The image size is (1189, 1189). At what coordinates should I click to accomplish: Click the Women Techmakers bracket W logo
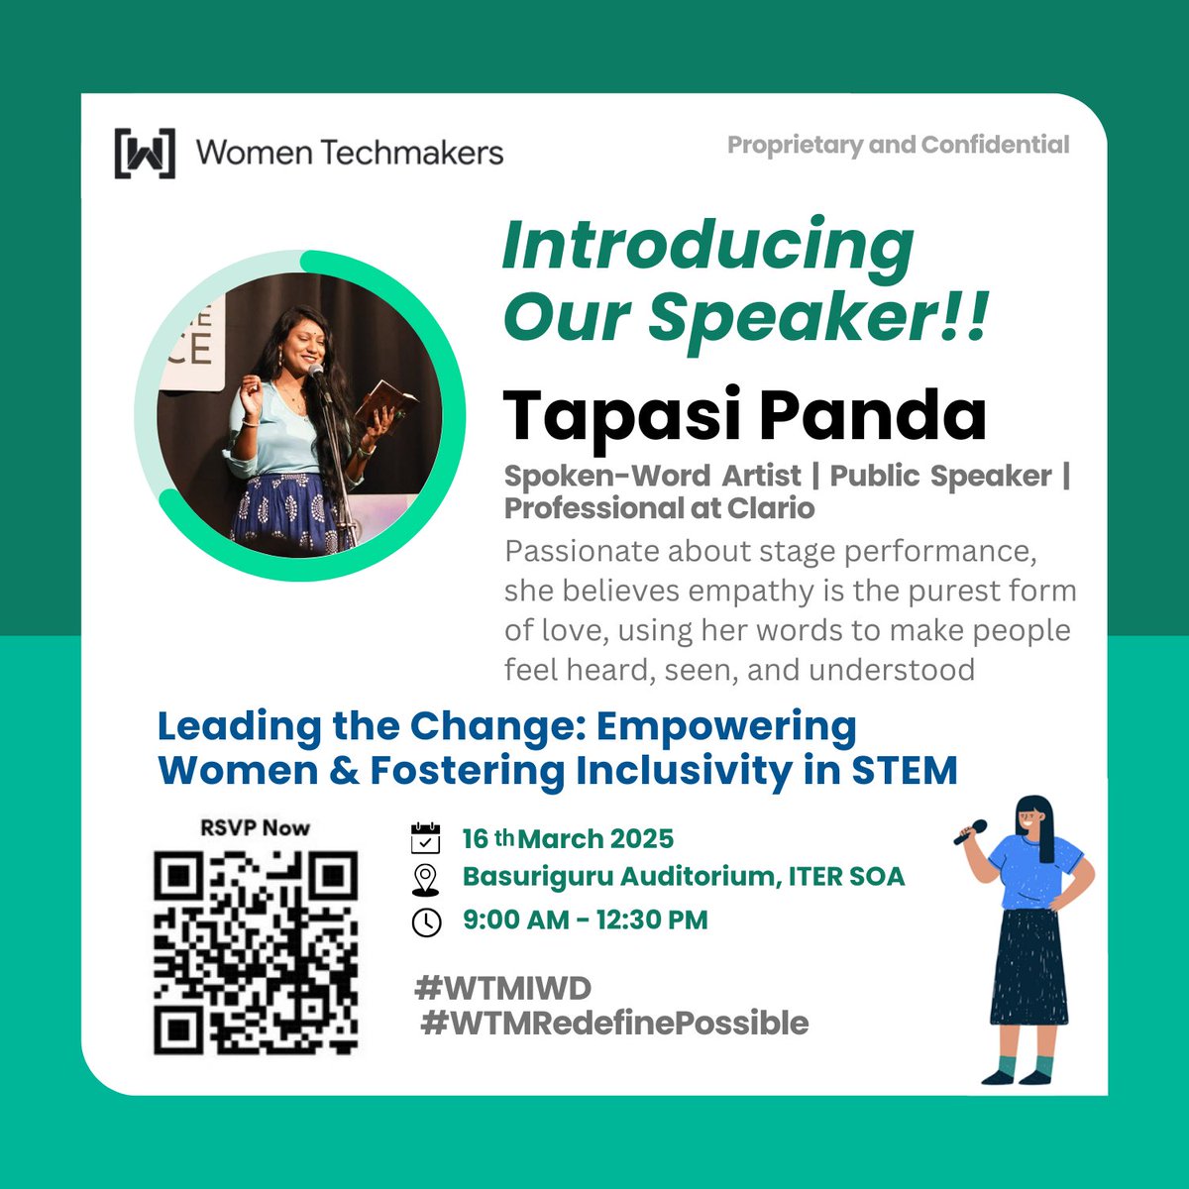tap(145, 154)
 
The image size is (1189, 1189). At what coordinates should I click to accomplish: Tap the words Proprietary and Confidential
tap(898, 145)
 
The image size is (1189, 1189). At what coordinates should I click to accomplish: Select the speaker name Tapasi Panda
tap(745, 415)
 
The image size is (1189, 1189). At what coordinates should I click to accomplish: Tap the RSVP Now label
tap(255, 827)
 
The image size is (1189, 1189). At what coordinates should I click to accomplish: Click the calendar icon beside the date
tap(425, 838)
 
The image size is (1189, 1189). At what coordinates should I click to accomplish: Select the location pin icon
tap(425, 879)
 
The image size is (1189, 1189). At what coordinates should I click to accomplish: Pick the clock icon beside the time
tap(426, 921)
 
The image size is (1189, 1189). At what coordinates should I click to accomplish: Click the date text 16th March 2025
tap(568, 839)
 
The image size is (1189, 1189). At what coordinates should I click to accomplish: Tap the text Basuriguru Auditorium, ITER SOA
tap(684, 877)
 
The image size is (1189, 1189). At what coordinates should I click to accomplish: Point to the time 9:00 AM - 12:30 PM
tap(586, 919)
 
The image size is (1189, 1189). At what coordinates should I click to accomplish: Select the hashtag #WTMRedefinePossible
tap(614, 1023)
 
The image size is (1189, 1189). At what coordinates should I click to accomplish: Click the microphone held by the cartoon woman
tap(970, 832)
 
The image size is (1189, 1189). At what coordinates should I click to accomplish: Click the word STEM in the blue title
tap(904, 771)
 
